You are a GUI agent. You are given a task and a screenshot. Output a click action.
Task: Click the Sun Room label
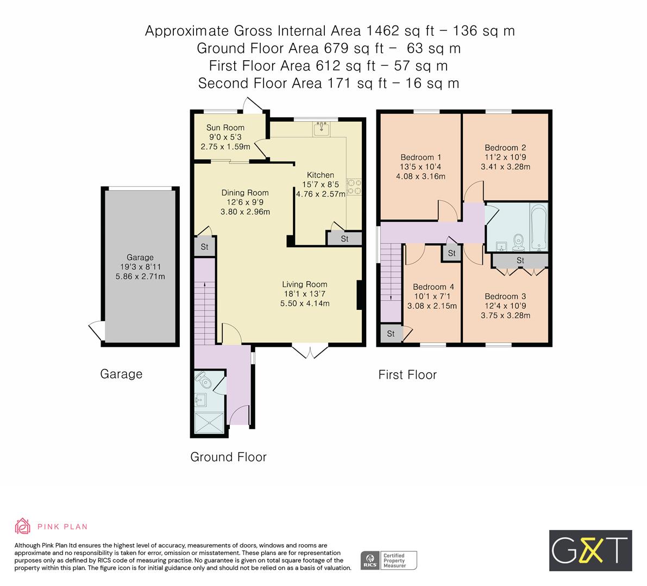tap(225, 128)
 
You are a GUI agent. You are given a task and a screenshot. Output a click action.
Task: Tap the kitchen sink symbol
tap(321, 129)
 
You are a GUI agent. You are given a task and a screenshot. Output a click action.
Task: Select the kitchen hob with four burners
tap(355, 187)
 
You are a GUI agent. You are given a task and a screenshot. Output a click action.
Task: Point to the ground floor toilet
tap(204, 380)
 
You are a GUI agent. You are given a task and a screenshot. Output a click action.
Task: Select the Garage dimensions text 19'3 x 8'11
tap(140, 267)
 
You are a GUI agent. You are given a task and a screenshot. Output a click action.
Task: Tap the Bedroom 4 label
tap(433, 287)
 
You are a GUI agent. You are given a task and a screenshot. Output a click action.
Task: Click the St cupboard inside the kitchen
tap(344, 239)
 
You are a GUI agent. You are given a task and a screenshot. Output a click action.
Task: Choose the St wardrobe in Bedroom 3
tap(520, 261)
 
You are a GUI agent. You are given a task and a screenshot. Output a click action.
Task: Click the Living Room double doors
tap(310, 352)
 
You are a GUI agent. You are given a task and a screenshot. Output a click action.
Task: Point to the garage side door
tap(96, 330)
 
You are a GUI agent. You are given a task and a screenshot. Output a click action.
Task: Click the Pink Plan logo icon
tap(23, 526)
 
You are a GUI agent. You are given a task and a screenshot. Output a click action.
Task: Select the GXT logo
tap(590, 550)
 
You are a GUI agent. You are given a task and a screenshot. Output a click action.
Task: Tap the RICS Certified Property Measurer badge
tap(390, 560)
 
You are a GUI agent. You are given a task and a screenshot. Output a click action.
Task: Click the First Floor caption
tap(407, 374)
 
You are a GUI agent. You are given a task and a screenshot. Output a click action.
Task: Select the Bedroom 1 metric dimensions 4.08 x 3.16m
tap(420, 176)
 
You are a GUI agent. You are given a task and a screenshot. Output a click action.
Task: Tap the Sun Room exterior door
tap(252, 105)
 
